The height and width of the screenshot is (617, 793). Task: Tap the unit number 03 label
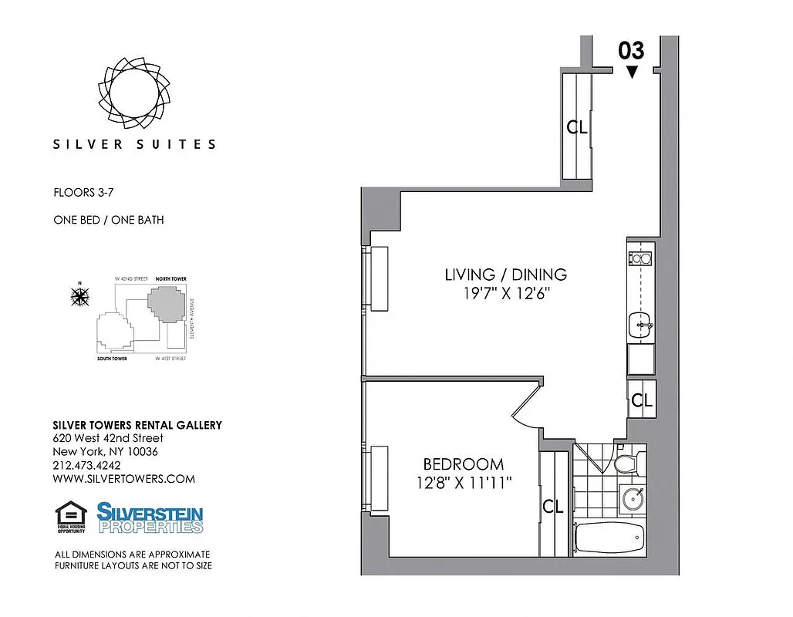(x=631, y=51)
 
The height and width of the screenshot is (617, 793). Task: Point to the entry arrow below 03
(x=632, y=72)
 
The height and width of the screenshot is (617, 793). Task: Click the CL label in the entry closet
(x=577, y=127)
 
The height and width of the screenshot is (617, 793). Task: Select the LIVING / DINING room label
(x=505, y=275)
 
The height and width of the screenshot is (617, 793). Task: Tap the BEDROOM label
(x=463, y=464)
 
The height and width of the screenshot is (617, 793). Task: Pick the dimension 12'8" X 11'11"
(x=463, y=483)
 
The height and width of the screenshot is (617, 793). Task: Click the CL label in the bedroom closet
(x=553, y=507)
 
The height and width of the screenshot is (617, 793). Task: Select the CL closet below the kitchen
(x=642, y=400)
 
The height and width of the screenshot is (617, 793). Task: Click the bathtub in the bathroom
(x=609, y=537)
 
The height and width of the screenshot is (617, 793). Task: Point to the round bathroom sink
(x=632, y=498)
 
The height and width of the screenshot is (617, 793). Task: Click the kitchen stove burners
(x=640, y=259)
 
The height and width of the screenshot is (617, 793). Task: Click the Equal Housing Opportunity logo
(x=70, y=518)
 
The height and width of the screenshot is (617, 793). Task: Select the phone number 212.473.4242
(x=86, y=465)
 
